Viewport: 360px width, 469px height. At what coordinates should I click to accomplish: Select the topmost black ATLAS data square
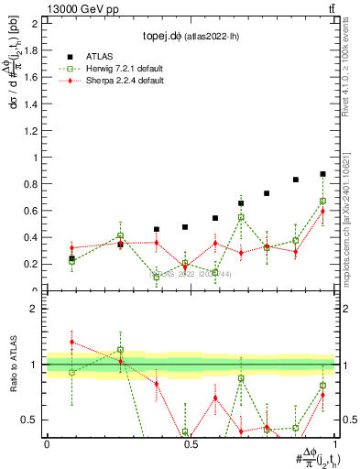point(322,174)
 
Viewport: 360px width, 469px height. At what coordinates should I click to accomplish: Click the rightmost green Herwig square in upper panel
point(322,202)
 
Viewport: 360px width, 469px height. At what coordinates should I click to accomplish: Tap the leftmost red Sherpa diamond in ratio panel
point(72,342)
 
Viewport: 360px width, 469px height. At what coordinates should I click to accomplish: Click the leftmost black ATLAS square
point(72,258)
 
